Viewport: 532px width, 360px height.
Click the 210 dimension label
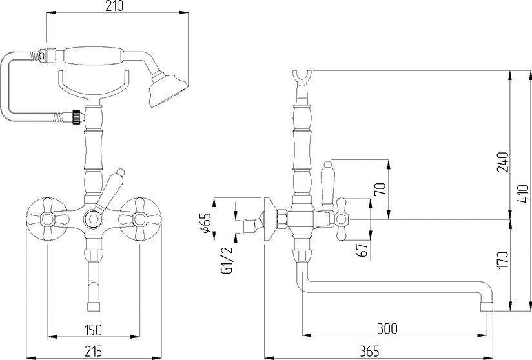pyautogui.click(x=114, y=6)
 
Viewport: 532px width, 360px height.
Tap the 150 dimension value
pyautogui.click(x=92, y=330)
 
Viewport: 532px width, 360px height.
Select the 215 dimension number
pyautogui.click(x=92, y=351)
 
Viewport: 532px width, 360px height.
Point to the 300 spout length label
pyautogui.click(x=387, y=329)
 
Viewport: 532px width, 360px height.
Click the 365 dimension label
pyautogui.click(x=369, y=352)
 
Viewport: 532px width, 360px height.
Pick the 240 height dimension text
pyautogui.click(x=502, y=162)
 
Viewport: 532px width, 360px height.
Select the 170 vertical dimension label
pyautogui.click(x=502, y=260)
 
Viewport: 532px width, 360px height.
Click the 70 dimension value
pyautogui.click(x=380, y=189)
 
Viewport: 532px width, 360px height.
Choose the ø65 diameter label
pyautogui.click(x=207, y=223)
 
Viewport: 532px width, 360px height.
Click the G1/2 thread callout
pyautogui.click(x=227, y=261)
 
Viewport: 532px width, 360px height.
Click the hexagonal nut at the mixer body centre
pyautogui.click(x=93, y=219)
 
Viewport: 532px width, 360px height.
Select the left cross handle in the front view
pyautogui.click(x=48, y=219)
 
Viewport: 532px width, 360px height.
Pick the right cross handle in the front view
pyautogui.click(x=139, y=219)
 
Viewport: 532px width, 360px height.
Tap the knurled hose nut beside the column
pyautogui.click(x=77, y=117)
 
